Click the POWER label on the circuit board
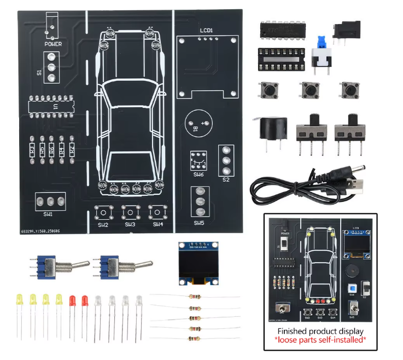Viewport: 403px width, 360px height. [53, 44]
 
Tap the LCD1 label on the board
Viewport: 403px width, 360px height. [206, 31]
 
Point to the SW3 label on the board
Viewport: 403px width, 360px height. [130, 224]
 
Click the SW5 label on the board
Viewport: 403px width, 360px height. [199, 223]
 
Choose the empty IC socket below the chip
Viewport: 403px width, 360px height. [281, 59]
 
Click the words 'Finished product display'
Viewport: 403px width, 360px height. [320, 331]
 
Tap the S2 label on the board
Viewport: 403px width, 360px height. [226, 179]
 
